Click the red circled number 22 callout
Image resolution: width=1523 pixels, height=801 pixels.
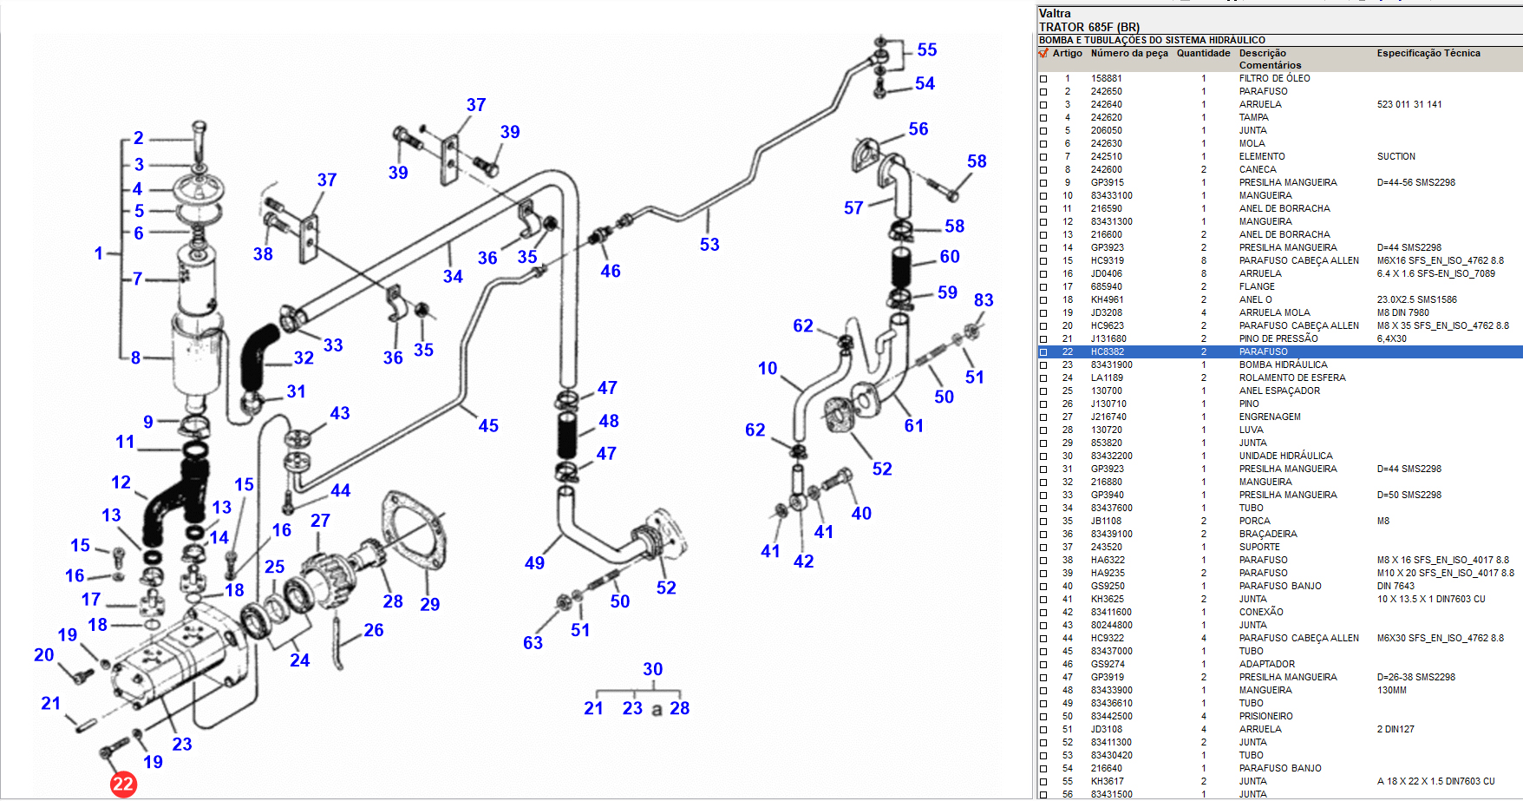click(x=123, y=785)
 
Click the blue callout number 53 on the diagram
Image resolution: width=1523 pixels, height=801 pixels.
click(x=709, y=245)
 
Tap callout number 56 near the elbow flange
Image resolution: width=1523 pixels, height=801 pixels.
click(x=918, y=129)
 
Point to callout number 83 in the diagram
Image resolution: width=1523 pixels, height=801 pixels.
click(x=984, y=300)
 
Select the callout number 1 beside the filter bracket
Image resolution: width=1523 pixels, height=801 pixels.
click(x=99, y=253)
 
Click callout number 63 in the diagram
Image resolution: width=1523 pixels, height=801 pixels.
click(x=533, y=643)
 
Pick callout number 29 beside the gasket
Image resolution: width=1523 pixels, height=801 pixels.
click(x=430, y=605)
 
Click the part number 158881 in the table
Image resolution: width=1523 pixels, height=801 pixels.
click(x=1106, y=78)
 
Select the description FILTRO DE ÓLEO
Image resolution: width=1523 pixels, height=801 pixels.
click(x=1274, y=78)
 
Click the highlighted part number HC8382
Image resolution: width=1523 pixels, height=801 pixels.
click(x=1107, y=351)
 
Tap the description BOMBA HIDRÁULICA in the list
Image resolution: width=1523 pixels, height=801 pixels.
click(x=1283, y=364)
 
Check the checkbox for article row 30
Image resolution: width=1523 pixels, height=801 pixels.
click(x=1043, y=456)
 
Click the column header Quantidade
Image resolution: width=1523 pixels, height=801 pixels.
click(x=1203, y=53)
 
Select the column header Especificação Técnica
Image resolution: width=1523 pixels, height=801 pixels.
click(x=1428, y=53)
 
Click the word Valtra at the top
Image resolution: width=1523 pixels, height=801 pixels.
click(x=1055, y=13)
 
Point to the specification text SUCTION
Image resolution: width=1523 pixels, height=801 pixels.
click(x=1396, y=156)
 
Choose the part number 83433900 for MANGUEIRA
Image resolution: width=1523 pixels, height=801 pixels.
click(x=1111, y=690)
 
